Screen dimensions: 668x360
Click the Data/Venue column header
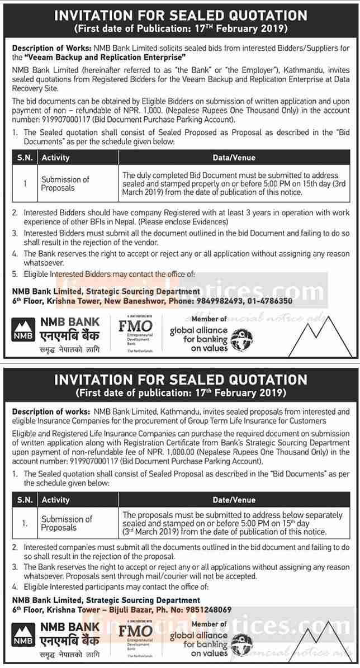[235, 158]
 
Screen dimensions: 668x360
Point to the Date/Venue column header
[235, 500]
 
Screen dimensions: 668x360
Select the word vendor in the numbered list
[143, 243]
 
